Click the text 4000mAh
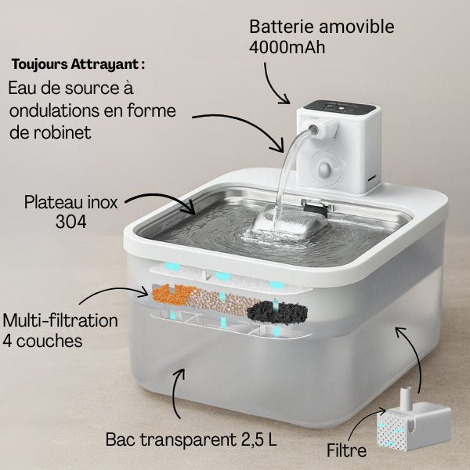point(287,46)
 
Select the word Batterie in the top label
point(278,26)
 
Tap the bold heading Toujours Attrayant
point(78,63)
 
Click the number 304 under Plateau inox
point(71,222)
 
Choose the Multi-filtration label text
point(60,320)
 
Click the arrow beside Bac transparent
point(179,392)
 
